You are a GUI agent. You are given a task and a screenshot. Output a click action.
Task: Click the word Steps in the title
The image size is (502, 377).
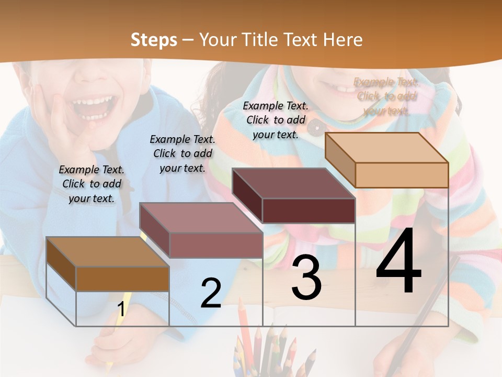coord(154,40)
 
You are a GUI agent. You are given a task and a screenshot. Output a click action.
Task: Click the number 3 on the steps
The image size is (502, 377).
coord(306,278)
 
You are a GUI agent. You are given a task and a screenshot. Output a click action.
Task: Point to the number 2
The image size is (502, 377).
coord(211,293)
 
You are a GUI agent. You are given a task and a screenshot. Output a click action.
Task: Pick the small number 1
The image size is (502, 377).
coord(121,309)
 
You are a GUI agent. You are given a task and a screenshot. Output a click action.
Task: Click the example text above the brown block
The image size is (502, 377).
coord(92,184)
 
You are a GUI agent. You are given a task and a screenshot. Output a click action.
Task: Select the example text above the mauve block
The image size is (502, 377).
coord(182,153)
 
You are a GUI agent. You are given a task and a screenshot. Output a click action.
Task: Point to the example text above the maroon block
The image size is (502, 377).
coord(276,120)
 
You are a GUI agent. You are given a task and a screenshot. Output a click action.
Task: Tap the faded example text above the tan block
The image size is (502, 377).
coord(386,96)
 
